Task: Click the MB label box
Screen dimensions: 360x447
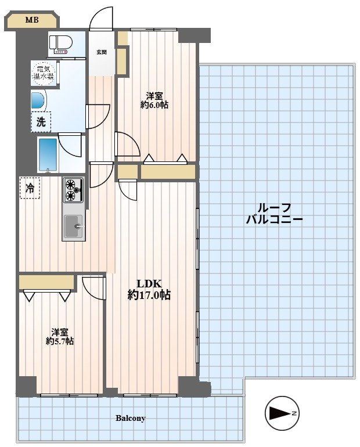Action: (31, 20)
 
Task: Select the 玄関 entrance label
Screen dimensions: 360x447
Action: (101, 52)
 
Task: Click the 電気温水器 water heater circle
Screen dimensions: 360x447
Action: (44, 73)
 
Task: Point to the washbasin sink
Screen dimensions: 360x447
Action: (38, 100)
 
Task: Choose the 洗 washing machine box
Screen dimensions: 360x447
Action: (41, 122)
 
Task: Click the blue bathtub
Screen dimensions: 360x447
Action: (48, 154)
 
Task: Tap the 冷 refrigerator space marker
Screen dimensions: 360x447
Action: (30, 188)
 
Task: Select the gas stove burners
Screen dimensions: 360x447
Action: (73, 190)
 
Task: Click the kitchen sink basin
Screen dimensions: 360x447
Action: (73, 226)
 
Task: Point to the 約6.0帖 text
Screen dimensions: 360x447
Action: (154, 105)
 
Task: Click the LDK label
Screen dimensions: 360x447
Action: (149, 284)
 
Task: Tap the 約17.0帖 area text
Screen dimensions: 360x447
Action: (149, 295)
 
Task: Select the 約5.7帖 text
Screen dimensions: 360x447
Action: (60, 341)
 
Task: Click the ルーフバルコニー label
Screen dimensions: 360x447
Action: (274, 214)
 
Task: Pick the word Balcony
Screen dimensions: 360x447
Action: (130, 418)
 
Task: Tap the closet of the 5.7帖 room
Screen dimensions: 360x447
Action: (46, 282)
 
